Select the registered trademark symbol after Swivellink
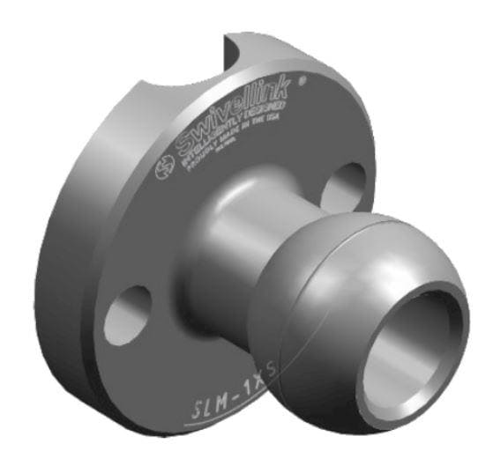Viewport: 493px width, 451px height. click(303, 80)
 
